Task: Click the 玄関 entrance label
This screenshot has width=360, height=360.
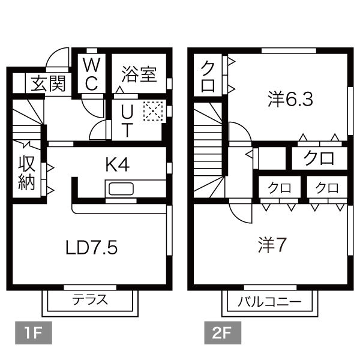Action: tap(48, 83)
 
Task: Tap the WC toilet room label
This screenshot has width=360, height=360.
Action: tap(91, 74)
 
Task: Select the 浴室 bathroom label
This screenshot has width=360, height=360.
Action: tap(139, 74)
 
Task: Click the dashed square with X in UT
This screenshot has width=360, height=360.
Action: tap(152, 111)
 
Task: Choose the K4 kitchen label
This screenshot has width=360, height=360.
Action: tap(118, 164)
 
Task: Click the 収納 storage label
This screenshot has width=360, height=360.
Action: tap(26, 172)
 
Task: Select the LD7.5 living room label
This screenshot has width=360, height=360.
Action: tap(92, 247)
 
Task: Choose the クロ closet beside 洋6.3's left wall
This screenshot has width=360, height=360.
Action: tap(208, 76)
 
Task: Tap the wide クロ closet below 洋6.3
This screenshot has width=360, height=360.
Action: tap(319, 159)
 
